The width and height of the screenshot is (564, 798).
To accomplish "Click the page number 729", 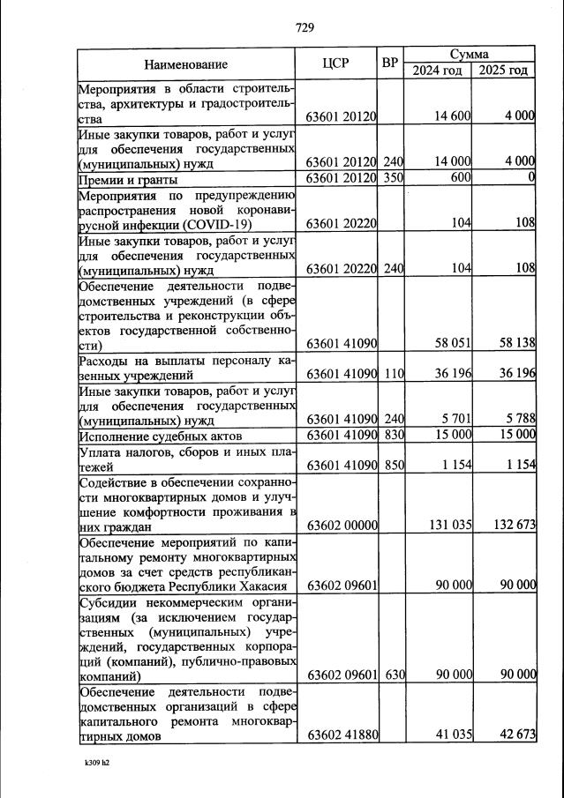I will [305, 27].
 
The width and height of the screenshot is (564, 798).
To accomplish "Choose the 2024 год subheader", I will [438, 71].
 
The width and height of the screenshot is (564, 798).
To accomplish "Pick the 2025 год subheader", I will [503, 71].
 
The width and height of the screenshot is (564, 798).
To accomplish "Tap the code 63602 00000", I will [342, 526].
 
